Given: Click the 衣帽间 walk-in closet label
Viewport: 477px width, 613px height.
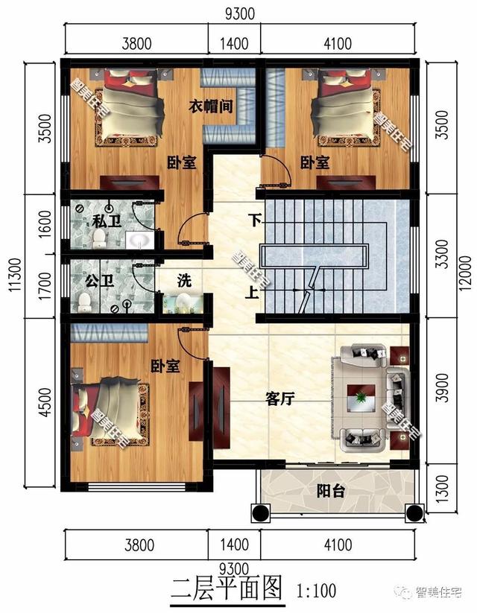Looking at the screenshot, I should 210,107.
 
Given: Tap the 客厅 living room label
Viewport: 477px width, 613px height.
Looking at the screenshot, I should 280,398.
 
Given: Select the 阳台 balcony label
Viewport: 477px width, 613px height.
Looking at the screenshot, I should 330,491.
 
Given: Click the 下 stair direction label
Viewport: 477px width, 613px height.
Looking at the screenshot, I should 255,220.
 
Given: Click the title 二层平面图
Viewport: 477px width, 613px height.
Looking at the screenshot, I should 227,590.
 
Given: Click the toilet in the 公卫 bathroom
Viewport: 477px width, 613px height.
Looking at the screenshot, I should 85,302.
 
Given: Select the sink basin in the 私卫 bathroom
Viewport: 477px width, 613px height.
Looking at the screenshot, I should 137,240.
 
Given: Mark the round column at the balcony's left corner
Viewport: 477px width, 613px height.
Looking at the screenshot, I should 260,512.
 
